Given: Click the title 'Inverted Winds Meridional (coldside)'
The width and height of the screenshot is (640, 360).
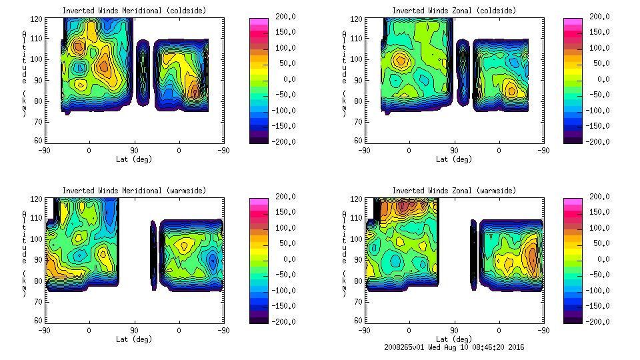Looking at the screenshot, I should pos(134,11).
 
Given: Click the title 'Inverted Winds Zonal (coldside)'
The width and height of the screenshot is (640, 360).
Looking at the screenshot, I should pos(454,11).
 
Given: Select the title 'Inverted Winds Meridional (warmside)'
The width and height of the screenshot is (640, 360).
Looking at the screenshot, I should pos(134,191).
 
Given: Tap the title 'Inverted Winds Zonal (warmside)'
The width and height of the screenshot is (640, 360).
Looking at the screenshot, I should pos(454,191).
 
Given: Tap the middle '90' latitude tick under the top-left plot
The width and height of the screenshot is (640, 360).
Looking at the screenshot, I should pos(134,151).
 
